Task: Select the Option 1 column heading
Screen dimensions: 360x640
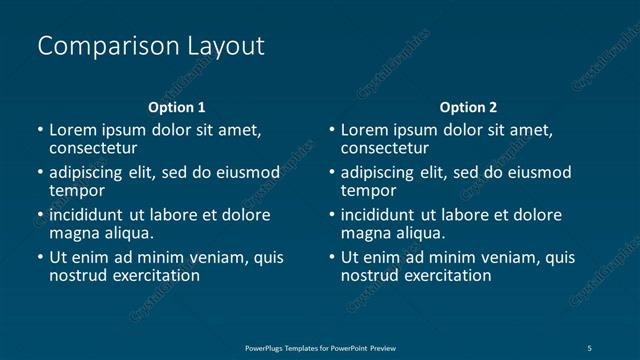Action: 177,107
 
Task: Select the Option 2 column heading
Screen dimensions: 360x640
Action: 468,107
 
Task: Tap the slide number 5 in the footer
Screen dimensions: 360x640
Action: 590,347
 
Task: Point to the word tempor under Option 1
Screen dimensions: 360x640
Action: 77,190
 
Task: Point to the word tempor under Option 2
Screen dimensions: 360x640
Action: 369,190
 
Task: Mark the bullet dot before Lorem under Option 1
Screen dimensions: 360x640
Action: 40,130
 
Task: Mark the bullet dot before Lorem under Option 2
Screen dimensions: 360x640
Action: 332,130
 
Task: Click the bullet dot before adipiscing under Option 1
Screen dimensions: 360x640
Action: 40,173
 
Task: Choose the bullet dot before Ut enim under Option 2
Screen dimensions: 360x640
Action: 332,258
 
